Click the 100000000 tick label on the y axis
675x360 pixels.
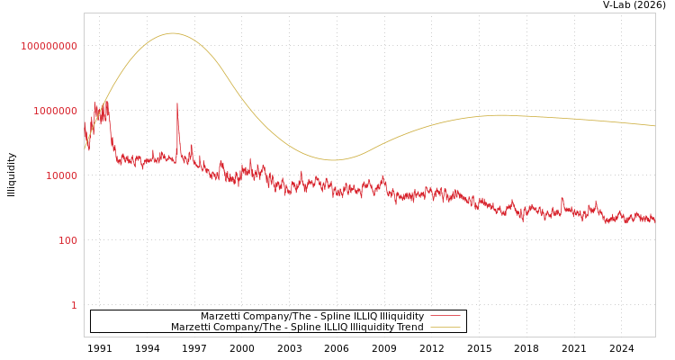coord(49,46)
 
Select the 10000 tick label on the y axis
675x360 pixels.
coord(61,175)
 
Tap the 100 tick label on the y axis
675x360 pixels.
coord(67,240)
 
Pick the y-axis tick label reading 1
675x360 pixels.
coord(74,305)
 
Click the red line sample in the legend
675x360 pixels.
coord(445,316)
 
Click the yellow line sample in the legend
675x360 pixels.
coord(445,327)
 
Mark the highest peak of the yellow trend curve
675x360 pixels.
coord(172,33)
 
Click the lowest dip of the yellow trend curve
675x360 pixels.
coord(333,160)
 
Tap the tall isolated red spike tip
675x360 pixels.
coord(176,103)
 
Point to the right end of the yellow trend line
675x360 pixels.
coord(654,126)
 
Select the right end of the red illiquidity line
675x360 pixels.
coord(654,219)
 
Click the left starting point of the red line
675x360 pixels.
coord(85,123)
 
